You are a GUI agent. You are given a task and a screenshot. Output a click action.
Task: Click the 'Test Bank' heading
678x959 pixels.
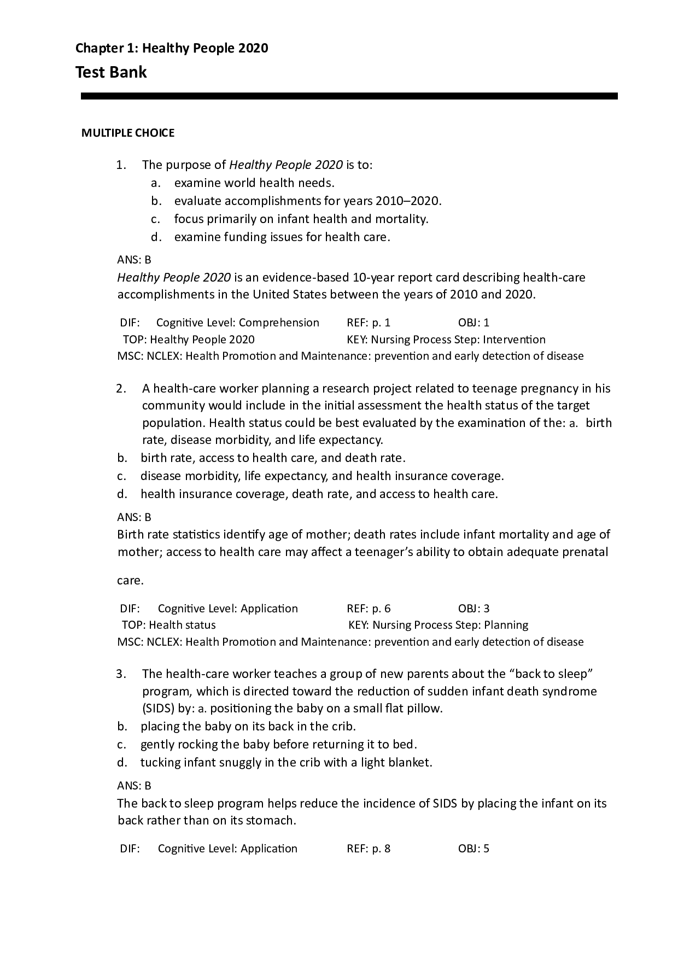[x=111, y=72]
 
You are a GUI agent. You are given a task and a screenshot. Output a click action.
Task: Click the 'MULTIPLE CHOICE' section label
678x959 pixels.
[x=128, y=133]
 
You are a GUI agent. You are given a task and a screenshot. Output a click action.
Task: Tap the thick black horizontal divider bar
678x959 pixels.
[x=349, y=96]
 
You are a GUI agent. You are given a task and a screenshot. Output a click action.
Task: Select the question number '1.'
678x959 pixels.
[x=121, y=165]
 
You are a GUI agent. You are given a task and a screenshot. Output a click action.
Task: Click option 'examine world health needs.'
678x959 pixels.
[x=254, y=183]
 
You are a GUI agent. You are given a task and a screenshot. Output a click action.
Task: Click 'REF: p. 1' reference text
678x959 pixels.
[x=369, y=323]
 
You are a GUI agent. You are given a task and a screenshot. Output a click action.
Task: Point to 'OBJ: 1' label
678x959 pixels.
[x=474, y=323]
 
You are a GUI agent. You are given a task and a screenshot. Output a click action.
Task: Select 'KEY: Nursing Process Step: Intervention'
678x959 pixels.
[x=446, y=340]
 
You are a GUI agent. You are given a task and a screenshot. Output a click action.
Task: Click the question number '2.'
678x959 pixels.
[x=121, y=389]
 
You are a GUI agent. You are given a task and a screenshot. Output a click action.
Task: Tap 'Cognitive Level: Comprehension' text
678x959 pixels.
[x=237, y=323]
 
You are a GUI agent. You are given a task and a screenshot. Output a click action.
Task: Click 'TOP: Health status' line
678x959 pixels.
[x=169, y=625]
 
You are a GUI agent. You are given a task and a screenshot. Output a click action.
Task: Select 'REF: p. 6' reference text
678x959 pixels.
[x=369, y=609]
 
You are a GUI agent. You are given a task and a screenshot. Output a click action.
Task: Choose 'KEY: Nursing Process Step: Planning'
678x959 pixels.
[x=438, y=625]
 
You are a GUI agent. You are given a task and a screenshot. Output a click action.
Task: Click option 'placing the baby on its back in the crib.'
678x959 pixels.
[x=248, y=726]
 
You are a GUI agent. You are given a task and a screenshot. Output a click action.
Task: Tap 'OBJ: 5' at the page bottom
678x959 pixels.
[x=474, y=849]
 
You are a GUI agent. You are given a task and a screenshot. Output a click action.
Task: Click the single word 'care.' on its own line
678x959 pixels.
[x=130, y=581]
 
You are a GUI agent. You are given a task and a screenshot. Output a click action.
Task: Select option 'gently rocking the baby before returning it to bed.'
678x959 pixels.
[x=279, y=744]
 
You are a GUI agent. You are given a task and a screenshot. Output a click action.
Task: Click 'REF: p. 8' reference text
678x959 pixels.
[x=369, y=849]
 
